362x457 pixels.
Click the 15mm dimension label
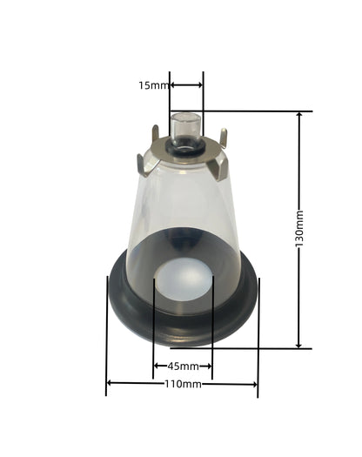click(154, 85)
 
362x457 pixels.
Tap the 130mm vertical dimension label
click(299, 228)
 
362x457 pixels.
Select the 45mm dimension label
click(183, 366)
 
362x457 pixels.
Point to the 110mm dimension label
click(183, 384)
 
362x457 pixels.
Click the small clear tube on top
click(185, 129)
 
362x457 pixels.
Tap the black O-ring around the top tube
click(185, 147)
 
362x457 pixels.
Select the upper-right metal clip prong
click(223, 137)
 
